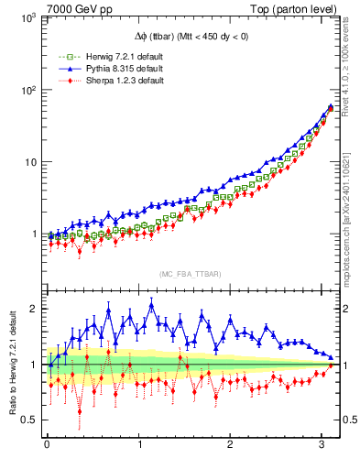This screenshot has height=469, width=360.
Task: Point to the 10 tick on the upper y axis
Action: [x=31, y=162]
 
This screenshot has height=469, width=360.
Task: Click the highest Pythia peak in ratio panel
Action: [x=108, y=311]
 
